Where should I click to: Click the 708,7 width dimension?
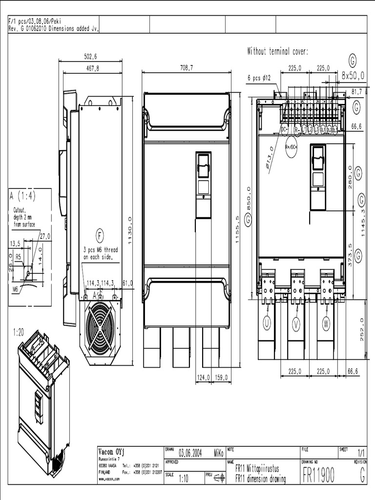[x=187, y=68]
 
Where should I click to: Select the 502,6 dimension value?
[x=90, y=57]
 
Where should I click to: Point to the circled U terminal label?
[x=267, y=323]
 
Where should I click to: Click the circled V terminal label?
[x=296, y=323]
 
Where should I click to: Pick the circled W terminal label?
[x=326, y=323]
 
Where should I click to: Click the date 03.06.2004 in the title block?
[x=190, y=453]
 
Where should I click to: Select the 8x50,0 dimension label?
[x=353, y=76]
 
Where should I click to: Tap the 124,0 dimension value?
[x=203, y=377]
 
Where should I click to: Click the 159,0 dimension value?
[x=221, y=377]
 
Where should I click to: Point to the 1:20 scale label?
[x=19, y=332]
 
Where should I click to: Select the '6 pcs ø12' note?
[x=259, y=78]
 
